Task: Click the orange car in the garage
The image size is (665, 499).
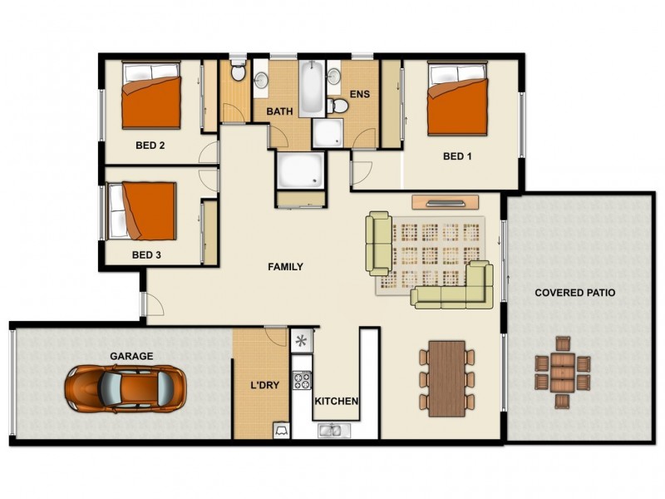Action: [x=126, y=388]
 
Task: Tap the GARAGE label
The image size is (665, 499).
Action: [x=131, y=356]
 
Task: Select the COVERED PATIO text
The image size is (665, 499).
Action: [x=575, y=293]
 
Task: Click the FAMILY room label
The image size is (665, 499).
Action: [x=285, y=267]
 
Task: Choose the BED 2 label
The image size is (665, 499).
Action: [x=150, y=145]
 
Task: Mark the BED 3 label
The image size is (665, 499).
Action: [x=146, y=254]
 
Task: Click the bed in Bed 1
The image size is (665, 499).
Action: [x=456, y=101]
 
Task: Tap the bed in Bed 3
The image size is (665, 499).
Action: [x=143, y=210]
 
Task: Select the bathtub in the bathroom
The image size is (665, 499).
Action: [x=313, y=86]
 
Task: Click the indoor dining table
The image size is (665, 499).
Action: [x=447, y=378]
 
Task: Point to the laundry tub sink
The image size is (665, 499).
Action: [x=282, y=429]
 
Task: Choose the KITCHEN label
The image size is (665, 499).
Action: [x=337, y=402]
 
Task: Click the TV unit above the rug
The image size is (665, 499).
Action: [x=446, y=201]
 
